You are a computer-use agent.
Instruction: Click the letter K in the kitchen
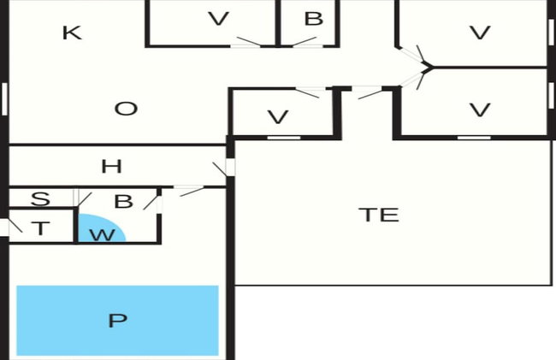pyautogui.click(x=73, y=33)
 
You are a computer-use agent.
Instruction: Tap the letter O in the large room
pyautogui.click(x=126, y=109)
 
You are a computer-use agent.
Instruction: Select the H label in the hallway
pyautogui.click(x=111, y=166)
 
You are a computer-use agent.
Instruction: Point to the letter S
pyautogui.click(x=40, y=198)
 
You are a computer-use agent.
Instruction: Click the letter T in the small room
pyautogui.click(x=41, y=228)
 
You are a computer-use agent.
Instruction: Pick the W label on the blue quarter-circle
pyautogui.click(x=102, y=235)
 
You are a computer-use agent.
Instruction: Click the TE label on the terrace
pyautogui.click(x=379, y=215)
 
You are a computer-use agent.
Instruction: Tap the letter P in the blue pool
pyautogui.click(x=117, y=321)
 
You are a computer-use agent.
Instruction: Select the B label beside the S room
pyautogui.click(x=123, y=201)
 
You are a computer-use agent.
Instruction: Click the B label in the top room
pyautogui.click(x=313, y=19)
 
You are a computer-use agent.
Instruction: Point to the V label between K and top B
pyautogui.click(x=218, y=19)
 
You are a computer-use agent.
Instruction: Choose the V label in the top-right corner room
pyautogui.click(x=480, y=32)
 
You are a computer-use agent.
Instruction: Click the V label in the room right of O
pyautogui.click(x=278, y=117)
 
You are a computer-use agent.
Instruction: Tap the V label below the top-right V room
pyautogui.click(x=480, y=109)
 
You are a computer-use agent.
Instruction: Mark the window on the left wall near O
pyautogui.click(x=4, y=99)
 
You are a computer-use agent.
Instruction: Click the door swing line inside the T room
pyautogui.click(x=15, y=226)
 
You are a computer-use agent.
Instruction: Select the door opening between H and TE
pyautogui.click(x=230, y=167)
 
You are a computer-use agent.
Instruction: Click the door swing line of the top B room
pyautogui.click(x=305, y=41)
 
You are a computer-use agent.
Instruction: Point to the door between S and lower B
pyautogui.click(x=75, y=198)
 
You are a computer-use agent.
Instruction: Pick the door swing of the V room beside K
pyautogui.click(x=249, y=41)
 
